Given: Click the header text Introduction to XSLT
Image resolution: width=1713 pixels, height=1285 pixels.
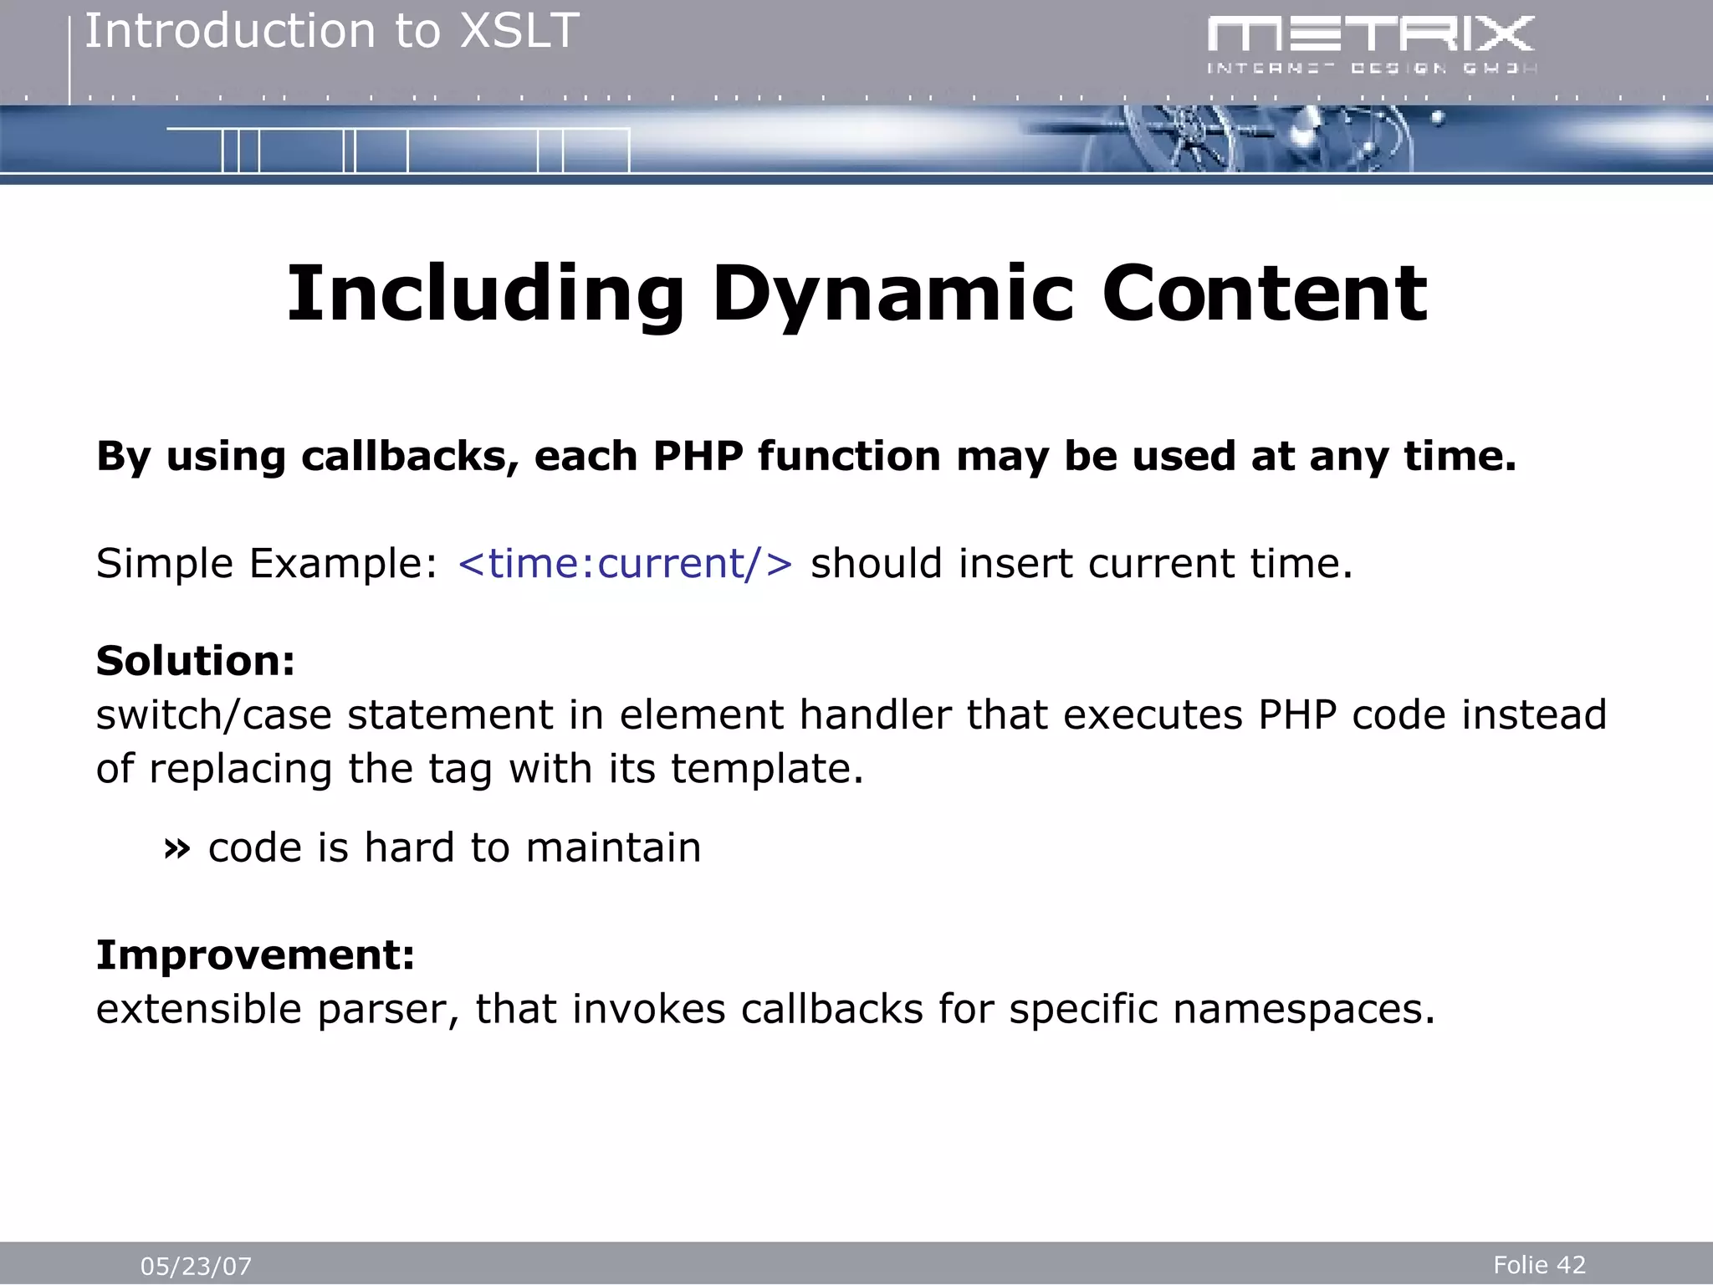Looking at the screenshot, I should point(332,32).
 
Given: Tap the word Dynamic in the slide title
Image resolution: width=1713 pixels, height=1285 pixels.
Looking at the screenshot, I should point(892,294).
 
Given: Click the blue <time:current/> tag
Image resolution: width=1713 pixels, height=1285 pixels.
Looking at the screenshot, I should point(625,563).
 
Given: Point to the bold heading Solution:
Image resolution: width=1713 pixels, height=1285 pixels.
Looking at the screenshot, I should point(196,661).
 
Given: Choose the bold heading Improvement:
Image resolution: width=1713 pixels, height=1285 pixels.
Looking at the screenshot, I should point(255,955).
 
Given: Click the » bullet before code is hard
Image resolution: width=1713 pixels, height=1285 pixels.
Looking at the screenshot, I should point(176,849).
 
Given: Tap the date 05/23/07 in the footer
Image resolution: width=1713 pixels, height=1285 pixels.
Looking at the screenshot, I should point(196,1266).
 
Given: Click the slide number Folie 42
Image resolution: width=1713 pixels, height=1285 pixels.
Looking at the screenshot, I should point(1539,1264).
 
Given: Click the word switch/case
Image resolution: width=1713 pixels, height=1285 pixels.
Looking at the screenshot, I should point(214,715).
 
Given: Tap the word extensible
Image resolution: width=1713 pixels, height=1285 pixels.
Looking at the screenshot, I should point(198,1009).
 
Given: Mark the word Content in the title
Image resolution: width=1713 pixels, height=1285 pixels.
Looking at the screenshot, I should point(1264,294).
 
